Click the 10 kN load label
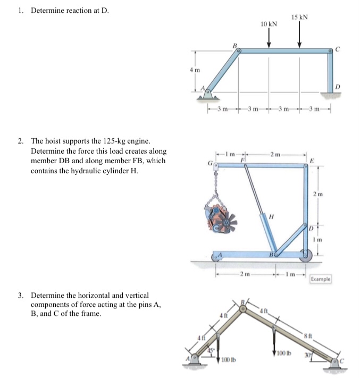[269, 24]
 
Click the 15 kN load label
[300, 17]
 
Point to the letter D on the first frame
[338, 87]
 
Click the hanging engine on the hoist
[219, 217]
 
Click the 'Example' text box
[320, 279]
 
